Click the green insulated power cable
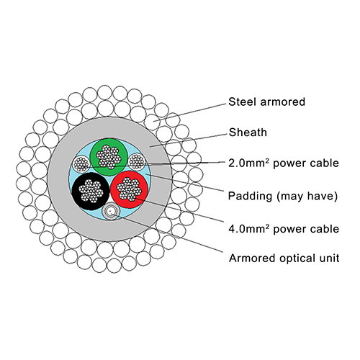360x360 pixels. coord(109,157)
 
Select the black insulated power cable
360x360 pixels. coord(91,192)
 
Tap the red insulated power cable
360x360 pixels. coord(129,189)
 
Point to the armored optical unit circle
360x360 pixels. coord(110,211)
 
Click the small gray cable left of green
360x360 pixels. coord(81,163)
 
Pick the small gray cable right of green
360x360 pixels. coord(137,161)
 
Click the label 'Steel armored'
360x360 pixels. coord(266,102)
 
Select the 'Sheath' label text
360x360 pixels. coord(248,132)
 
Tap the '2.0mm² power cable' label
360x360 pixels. coord(284,163)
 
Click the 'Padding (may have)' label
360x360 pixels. coord(283,196)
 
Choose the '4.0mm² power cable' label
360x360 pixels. coord(284,229)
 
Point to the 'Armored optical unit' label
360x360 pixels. coord(284,258)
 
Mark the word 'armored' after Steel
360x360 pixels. coord(283,102)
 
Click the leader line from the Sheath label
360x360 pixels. coord(188,140)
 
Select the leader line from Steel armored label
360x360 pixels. coord(189,112)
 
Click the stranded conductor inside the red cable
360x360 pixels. coord(129,189)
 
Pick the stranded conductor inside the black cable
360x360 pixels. coord(91,192)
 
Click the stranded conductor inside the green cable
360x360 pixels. coord(109,157)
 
